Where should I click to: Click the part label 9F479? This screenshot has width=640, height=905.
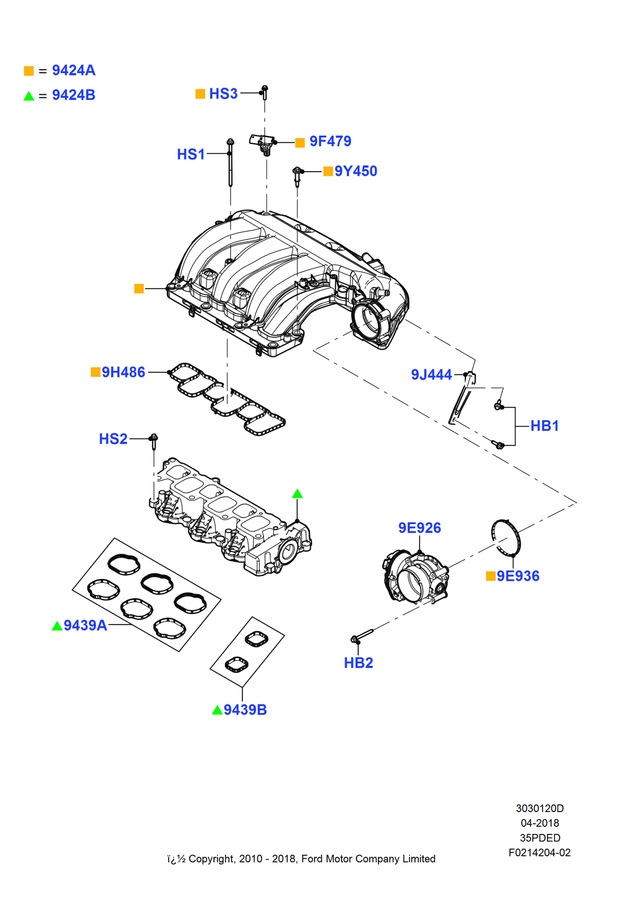[330, 141]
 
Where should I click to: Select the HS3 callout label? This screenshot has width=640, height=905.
[223, 94]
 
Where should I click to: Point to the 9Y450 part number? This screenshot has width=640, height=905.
[356, 171]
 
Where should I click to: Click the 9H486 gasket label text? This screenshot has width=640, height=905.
[123, 372]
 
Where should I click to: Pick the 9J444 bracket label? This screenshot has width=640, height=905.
[431, 375]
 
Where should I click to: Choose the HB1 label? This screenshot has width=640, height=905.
[545, 426]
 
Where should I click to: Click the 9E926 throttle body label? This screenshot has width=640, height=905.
[420, 528]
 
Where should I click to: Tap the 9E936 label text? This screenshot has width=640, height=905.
[518, 576]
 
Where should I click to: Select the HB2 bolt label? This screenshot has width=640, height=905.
[358, 663]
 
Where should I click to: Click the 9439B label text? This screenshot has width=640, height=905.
[245, 710]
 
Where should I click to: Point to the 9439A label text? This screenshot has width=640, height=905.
[85, 625]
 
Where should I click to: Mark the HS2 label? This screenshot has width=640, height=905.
[113, 439]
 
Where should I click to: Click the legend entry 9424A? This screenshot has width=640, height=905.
[74, 71]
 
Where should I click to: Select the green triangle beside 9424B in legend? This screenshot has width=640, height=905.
[29, 96]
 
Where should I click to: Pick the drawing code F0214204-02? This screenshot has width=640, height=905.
[539, 853]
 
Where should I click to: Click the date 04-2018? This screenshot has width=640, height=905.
[539, 823]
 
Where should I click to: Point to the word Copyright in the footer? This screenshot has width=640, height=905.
[212, 859]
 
